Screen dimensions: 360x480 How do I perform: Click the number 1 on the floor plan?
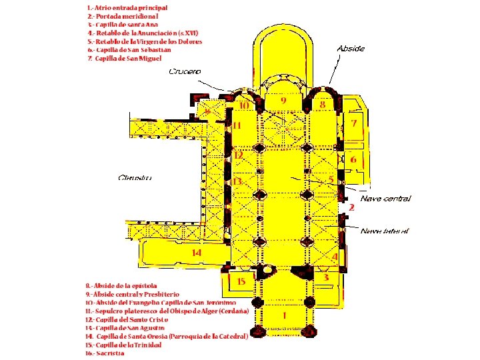click(x=284, y=315)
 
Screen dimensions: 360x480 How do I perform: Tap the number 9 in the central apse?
click(x=283, y=100)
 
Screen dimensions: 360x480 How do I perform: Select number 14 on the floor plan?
click(x=196, y=253)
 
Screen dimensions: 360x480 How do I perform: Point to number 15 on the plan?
click(x=241, y=281)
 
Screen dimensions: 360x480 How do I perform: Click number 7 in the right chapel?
click(x=354, y=124)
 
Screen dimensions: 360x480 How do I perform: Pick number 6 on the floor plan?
click(x=353, y=160)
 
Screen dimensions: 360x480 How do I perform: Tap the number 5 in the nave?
click(x=331, y=180)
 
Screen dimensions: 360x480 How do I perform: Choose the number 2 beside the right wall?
click(x=351, y=208)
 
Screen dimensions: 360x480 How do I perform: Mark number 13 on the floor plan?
click(x=237, y=181)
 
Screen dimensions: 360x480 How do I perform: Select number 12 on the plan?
click(x=238, y=155)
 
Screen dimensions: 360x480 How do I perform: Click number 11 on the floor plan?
click(x=237, y=125)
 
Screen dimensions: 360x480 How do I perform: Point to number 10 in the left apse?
click(x=244, y=105)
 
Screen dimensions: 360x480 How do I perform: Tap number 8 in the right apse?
click(x=323, y=105)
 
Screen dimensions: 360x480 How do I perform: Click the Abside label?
click(x=351, y=49)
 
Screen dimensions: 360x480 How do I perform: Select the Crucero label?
click(x=185, y=71)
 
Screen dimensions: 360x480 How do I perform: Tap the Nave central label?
click(x=385, y=199)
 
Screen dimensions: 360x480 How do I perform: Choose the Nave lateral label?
click(x=385, y=231)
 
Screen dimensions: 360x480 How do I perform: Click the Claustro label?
click(x=135, y=178)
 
